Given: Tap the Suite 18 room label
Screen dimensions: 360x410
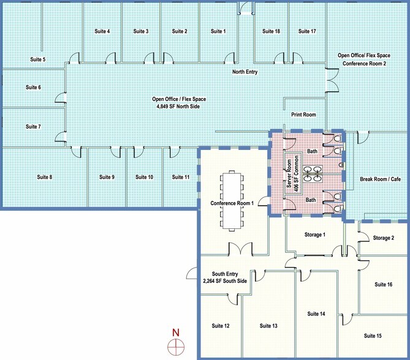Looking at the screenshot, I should [x=271, y=31].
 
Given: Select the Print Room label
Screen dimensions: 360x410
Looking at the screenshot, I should [x=303, y=114].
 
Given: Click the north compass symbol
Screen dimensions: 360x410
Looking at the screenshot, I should [x=176, y=346].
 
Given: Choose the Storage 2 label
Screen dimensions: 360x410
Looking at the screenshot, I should [x=384, y=238].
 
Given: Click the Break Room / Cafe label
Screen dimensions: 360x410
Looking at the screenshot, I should [x=379, y=179].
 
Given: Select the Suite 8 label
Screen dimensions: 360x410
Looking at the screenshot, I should [x=44, y=177].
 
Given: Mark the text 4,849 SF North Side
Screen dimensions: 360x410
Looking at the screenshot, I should [x=178, y=107].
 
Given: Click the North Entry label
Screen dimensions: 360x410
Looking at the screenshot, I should [x=245, y=72].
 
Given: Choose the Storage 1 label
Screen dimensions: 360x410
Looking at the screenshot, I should [x=315, y=234].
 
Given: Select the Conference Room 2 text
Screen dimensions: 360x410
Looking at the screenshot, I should [x=364, y=64].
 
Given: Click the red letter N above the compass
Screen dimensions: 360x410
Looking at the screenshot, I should [x=176, y=333].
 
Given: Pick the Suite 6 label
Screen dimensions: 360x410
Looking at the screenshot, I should [x=33, y=88].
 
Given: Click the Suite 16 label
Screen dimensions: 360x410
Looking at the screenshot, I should [x=383, y=284].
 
